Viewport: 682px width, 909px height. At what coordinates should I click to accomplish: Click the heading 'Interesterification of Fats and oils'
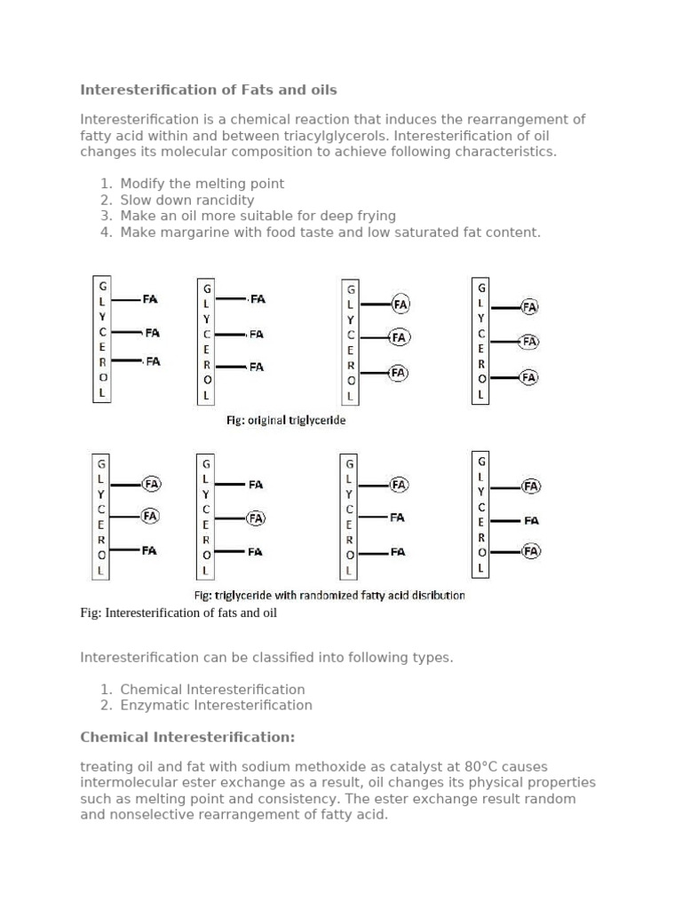tap(209, 90)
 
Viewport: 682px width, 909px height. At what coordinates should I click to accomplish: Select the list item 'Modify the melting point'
tap(202, 184)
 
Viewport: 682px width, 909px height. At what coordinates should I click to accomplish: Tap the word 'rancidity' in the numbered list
tap(222, 200)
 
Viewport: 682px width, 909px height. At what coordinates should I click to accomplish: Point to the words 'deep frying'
tap(358, 216)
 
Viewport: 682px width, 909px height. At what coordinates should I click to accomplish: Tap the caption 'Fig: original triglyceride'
tap(285, 421)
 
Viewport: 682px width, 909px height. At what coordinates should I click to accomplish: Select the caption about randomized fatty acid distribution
tap(329, 596)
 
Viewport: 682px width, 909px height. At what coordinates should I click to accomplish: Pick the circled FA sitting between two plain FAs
tap(255, 518)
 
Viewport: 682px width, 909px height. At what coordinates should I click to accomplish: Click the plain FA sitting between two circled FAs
tap(531, 521)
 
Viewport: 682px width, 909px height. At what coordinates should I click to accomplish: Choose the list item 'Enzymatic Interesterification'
tap(216, 706)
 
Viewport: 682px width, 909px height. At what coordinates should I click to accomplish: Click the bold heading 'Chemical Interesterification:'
tap(187, 738)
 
